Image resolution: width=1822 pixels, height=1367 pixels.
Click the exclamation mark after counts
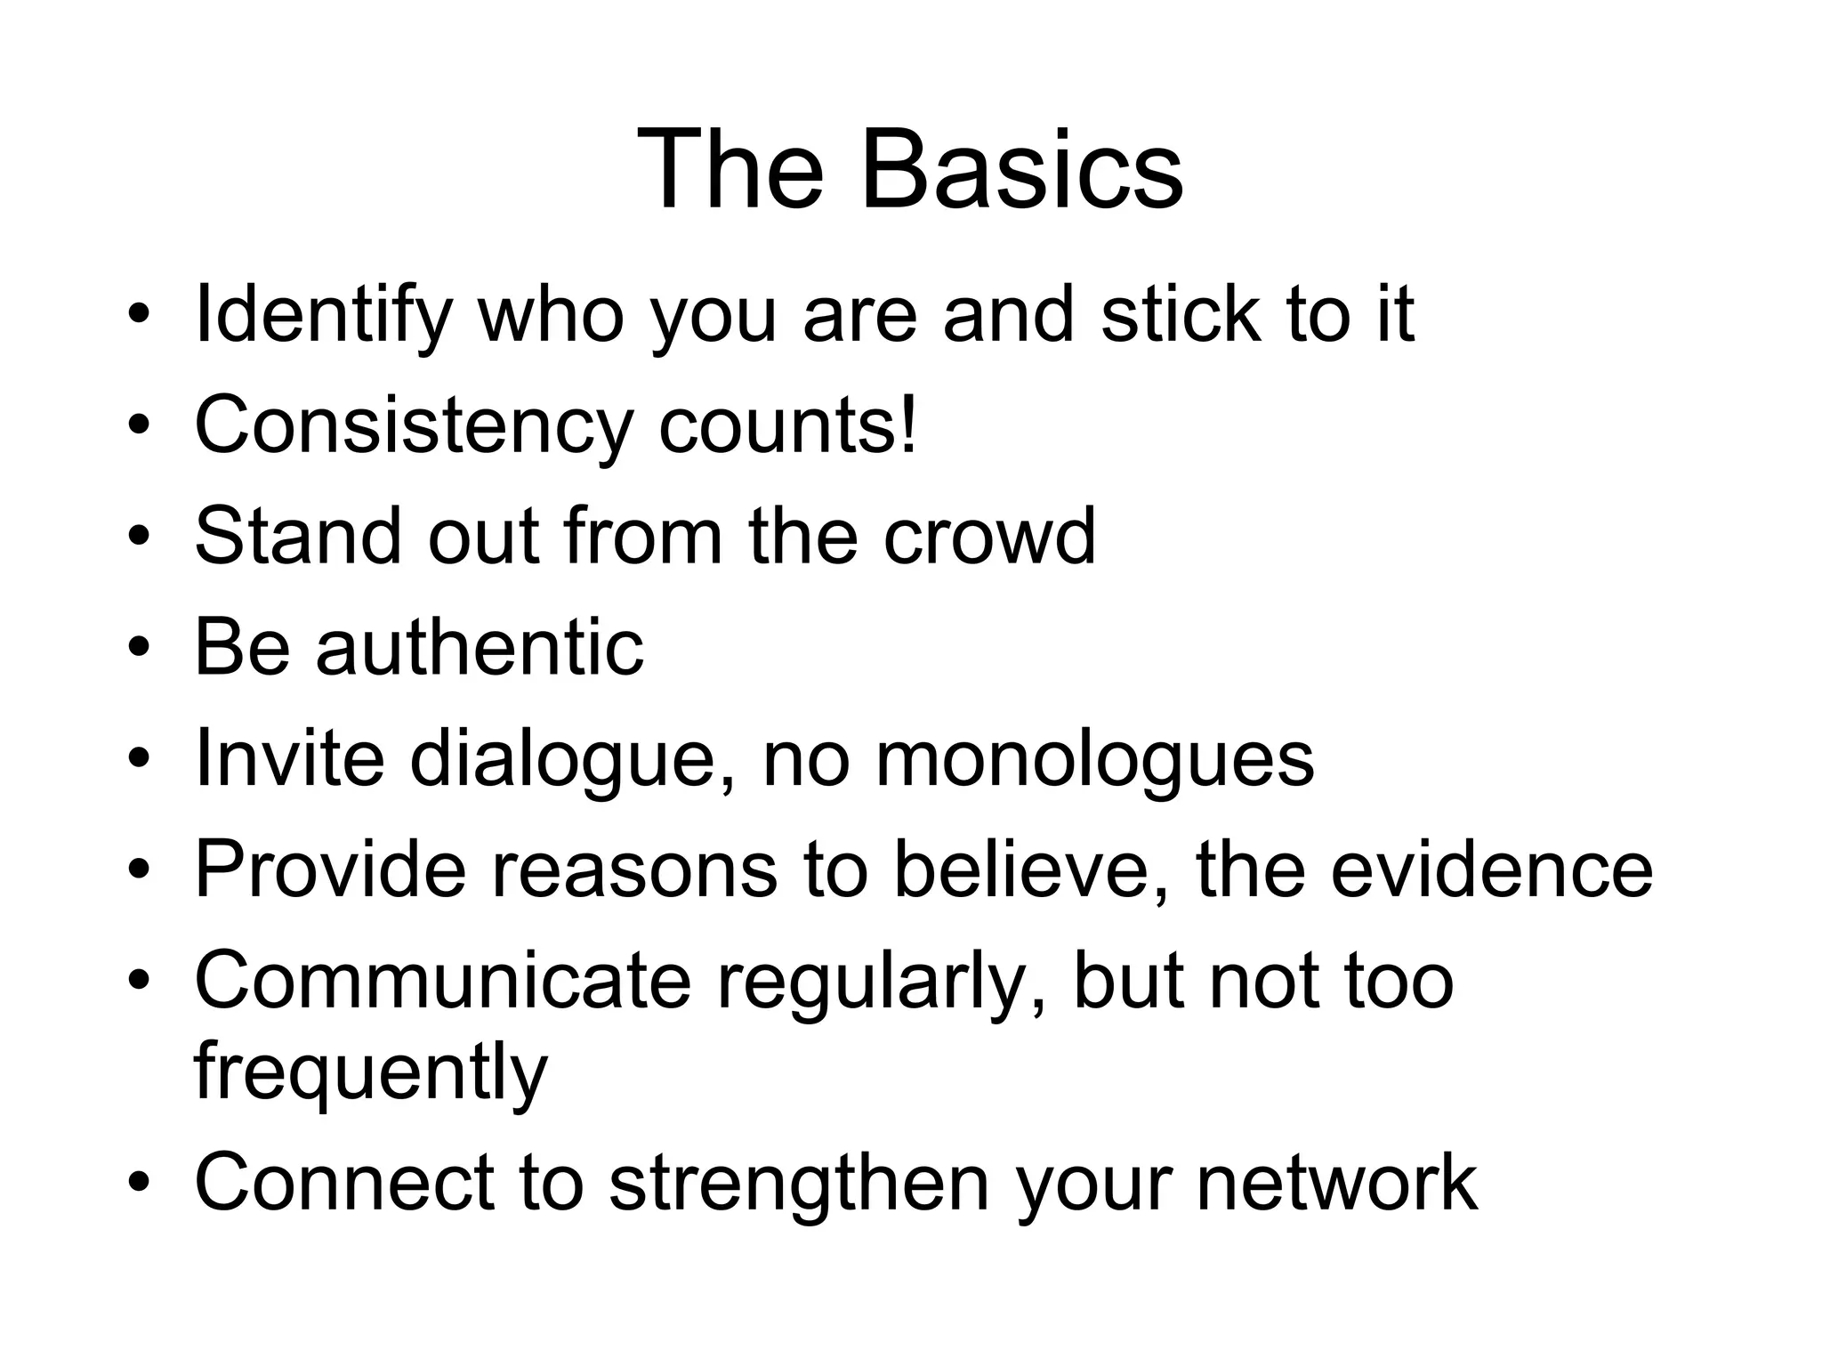pyautogui.click(x=907, y=424)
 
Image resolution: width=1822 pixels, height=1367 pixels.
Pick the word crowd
pyautogui.click(x=989, y=536)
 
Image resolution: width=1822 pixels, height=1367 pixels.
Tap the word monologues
pyautogui.click(x=1094, y=760)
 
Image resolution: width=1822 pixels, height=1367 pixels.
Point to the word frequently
pyautogui.click(x=370, y=1073)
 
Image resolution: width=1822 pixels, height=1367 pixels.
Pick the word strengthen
pyautogui.click(x=799, y=1182)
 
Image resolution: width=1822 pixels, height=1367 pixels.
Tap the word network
pyautogui.click(x=1336, y=1182)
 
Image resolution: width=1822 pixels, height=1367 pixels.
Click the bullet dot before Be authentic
pyautogui.click(x=138, y=648)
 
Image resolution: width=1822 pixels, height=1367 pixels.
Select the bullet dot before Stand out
pyautogui.click(x=138, y=538)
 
